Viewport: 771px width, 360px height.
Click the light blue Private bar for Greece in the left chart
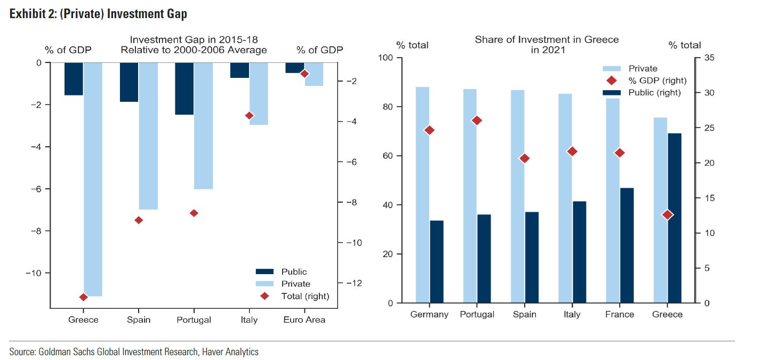click(93, 179)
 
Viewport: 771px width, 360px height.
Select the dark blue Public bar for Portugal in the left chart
click(184, 89)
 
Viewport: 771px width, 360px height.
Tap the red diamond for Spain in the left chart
click(139, 220)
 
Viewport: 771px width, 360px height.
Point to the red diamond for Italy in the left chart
click(249, 115)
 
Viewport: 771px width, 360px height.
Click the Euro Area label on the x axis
click(304, 319)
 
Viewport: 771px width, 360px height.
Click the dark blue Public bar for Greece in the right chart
click(674, 218)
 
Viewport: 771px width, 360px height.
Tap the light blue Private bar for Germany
click(422, 195)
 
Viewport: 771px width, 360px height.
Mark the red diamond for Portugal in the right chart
click(477, 121)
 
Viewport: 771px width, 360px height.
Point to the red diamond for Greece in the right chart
click(668, 214)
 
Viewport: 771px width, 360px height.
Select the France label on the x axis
click(620, 314)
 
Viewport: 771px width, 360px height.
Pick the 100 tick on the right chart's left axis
click(385, 58)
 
